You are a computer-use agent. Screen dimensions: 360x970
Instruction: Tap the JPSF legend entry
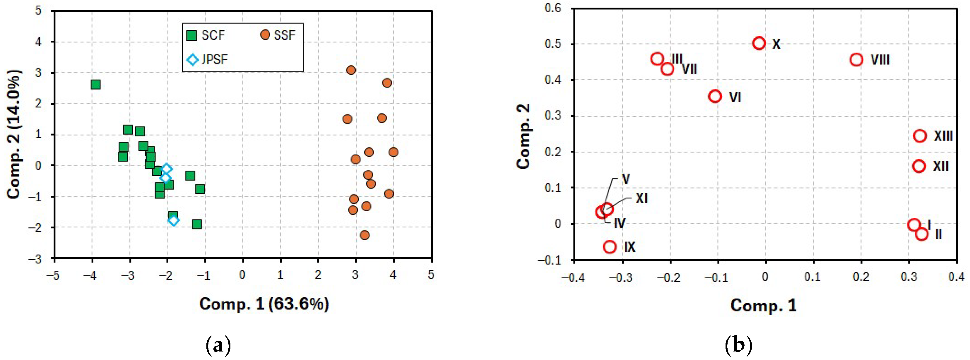(x=207, y=59)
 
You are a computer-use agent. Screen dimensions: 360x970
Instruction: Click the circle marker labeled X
(x=759, y=43)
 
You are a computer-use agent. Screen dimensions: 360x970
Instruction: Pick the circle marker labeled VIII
(x=856, y=59)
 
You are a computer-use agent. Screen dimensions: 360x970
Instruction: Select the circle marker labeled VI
(x=715, y=96)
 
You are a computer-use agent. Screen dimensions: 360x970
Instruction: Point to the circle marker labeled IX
(x=610, y=247)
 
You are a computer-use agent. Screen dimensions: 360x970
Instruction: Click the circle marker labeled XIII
(x=920, y=136)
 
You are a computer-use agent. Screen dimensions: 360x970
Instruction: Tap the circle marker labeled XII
(x=919, y=166)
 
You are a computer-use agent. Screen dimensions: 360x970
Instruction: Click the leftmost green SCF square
(x=96, y=84)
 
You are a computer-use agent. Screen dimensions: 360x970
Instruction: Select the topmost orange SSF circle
(x=351, y=70)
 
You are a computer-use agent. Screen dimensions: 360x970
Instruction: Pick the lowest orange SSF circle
(x=365, y=235)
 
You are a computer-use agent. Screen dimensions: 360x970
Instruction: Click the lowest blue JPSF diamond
(x=174, y=220)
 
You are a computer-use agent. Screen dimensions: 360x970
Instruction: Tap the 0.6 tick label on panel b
(x=552, y=8)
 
